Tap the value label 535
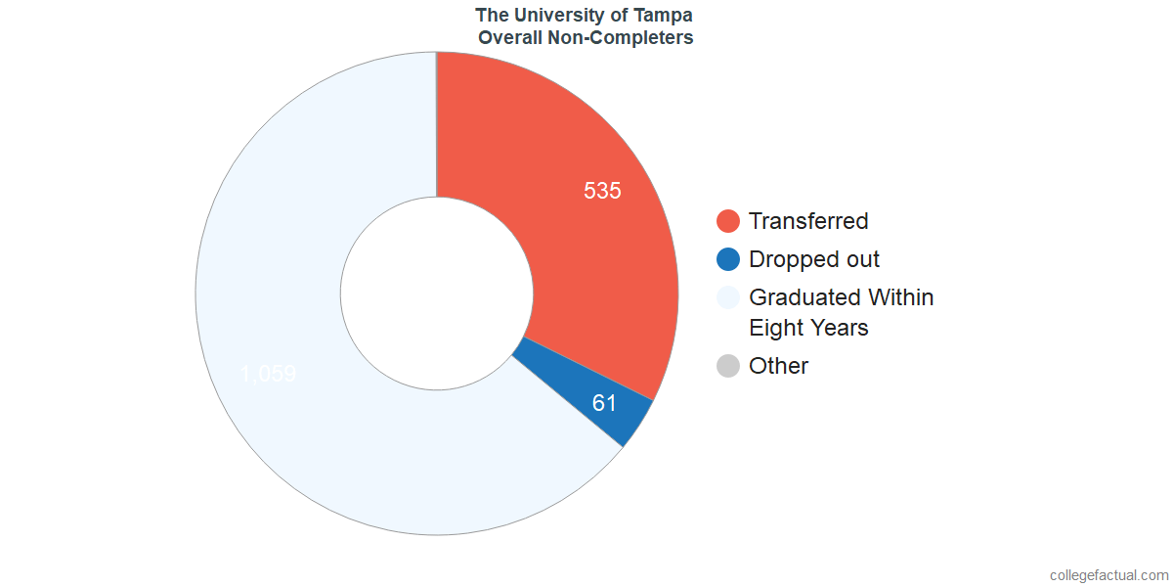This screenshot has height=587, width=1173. click(602, 191)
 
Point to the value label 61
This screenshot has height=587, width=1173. click(604, 402)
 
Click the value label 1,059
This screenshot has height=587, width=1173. click(268, 374)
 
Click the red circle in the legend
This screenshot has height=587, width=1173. click(728, 221)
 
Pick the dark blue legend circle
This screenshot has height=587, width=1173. click(728, 259)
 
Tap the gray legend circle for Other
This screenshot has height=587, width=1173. click(728, 366)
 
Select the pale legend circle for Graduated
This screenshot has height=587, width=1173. click(728, 297)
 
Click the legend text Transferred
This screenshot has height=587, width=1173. click(808, 221)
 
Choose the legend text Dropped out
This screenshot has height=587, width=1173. click(814, 259)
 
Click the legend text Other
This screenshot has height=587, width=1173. click(778, 366)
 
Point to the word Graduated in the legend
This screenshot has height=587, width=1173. click(798, 297)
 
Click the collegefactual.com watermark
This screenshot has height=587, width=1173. click(1108, 574)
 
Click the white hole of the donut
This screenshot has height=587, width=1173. click(436, 293)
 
